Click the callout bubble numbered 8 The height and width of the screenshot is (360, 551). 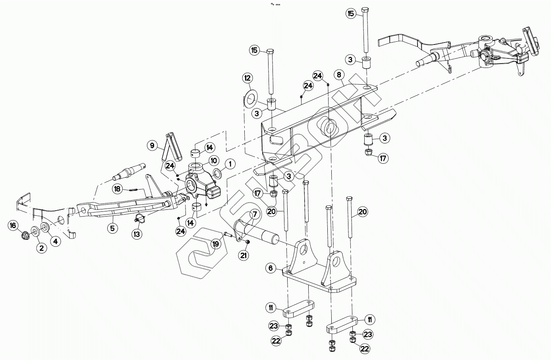[x=338, y=74]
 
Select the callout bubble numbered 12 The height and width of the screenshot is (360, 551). [x=247, y=77]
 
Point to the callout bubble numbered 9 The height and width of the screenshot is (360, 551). [x=152, y=146]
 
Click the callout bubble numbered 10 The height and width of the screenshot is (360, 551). [x=214, y=161]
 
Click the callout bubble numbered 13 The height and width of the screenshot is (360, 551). [x=137, y=234]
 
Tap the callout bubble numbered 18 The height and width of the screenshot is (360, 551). [x=117, y=189]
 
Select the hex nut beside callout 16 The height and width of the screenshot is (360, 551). [x=26, y=234]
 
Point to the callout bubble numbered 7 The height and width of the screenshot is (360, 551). [x=254, y=215]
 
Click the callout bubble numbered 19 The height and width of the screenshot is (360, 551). [x=215, y=244]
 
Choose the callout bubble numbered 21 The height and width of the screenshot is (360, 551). [x=243, y=255]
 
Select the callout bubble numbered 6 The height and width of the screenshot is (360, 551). [x=271, y=268]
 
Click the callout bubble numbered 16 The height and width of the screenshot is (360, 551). [x=13, y=226]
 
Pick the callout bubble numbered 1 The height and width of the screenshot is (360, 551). [x=229, y=163]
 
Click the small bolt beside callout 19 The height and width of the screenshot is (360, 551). [x=227, y=235]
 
